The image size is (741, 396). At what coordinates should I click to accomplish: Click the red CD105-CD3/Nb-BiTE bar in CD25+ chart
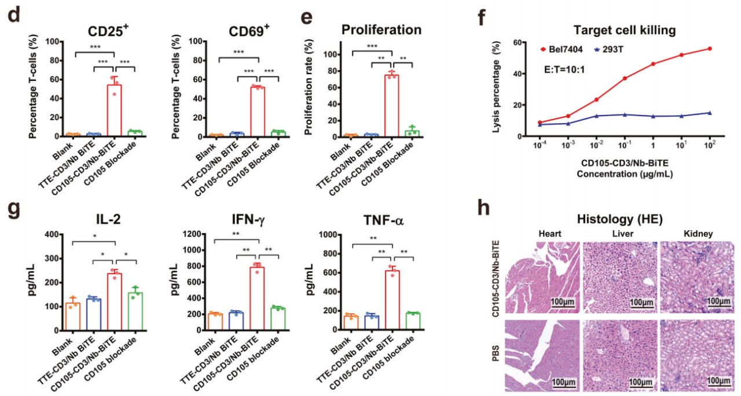click(x=114, y=110)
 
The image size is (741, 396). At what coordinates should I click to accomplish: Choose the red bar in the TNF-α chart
click(x=392, y=300)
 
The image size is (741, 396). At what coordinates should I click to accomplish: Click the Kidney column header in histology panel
click(x=697, y=234)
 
